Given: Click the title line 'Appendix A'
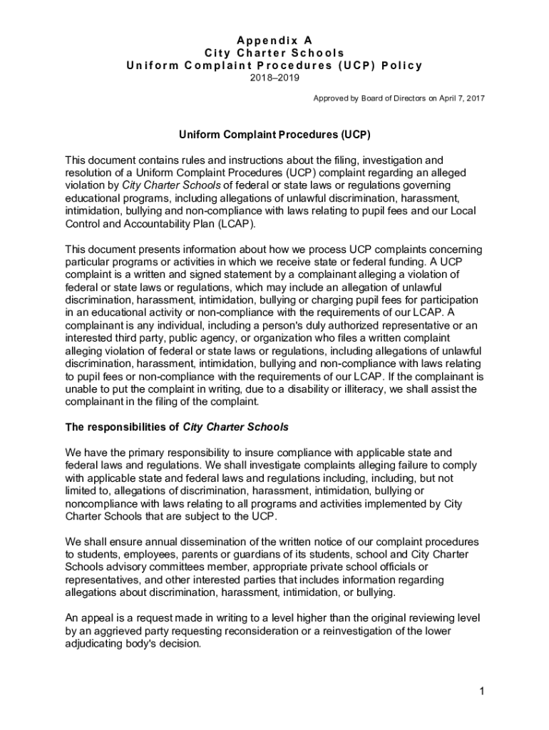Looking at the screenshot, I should click(x=274, y=41).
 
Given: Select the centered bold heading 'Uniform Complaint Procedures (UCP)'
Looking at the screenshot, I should click(x=274, y=135).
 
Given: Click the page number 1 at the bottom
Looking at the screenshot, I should click(x=482, y=691).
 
